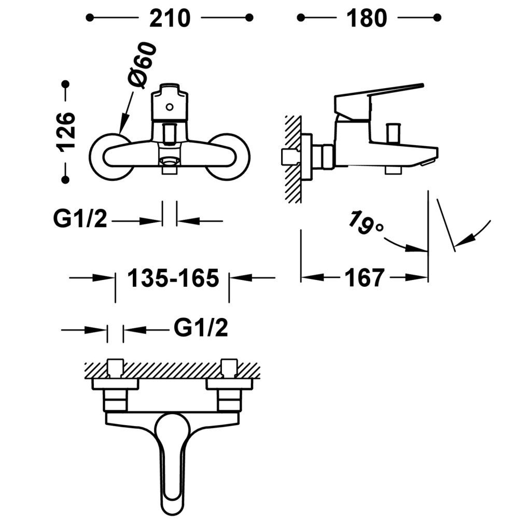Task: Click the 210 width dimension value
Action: click(x=170, y=19)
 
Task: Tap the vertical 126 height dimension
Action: click(x=66, y=131)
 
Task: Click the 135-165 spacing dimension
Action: click(x=173, y=278)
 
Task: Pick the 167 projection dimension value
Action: click(x=365, y=278)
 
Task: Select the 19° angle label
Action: click(x=366, y=222)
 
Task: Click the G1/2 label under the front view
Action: click(x=80, y=220)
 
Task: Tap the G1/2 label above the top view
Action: click(x=201, y=328)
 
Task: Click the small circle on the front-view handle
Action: click(x=169, y=107)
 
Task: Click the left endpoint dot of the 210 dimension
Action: click(x=90, y=18)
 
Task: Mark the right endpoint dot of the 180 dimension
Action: click(x=438, y=18)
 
